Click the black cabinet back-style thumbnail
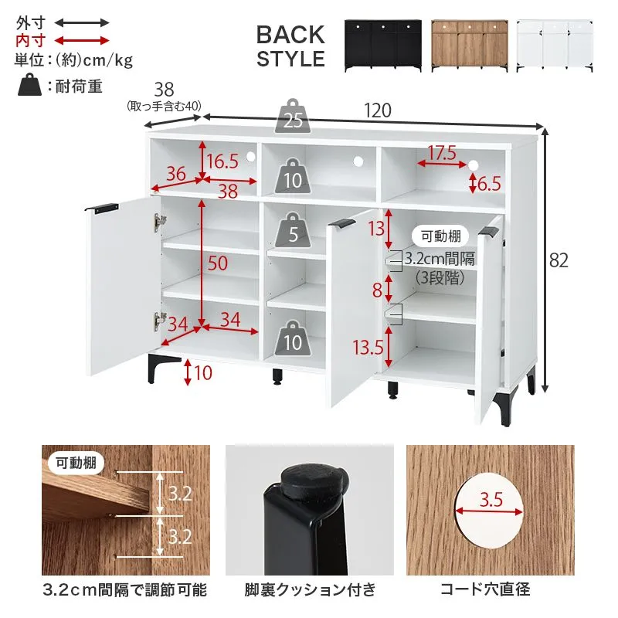click(x=382, y=46)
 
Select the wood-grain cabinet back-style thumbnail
click(x=470, y=46)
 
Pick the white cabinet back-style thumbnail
click(x=555, y=46)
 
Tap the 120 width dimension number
click(x=378, y=110)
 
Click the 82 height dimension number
click(x=559, y=260)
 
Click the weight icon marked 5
click(x=293, y=230)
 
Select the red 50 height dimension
click(x=218, y=263)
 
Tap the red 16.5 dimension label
click(x=222, y=161)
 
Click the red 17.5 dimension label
click(x=442, y=153)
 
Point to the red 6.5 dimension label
click(x=490, y=184)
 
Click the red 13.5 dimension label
click(x=368, y=348)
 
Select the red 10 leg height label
click(x=203, y=373)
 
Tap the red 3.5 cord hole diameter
click(x=491, y=500)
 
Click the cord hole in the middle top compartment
click(x=358, y=161)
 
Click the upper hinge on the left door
click(x=160, y=222)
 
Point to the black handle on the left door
click(x=102, y=207)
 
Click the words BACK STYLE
click(x=291, y=46)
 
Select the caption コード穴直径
click(x=485, y=589)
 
